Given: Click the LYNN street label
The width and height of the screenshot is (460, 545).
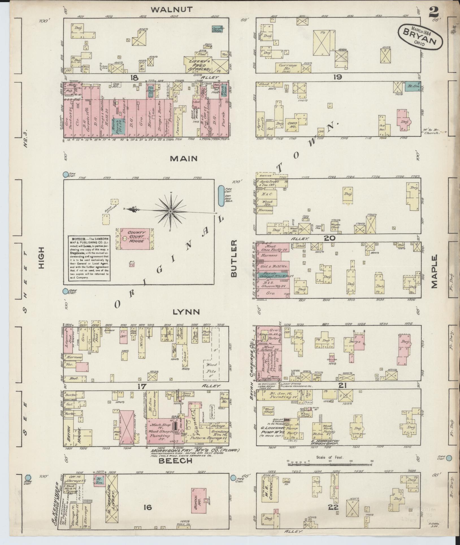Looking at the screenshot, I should click(186, 312).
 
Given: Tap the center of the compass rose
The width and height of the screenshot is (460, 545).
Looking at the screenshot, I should click(171, 212).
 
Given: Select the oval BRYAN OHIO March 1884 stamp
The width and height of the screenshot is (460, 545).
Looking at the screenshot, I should click(421, 37).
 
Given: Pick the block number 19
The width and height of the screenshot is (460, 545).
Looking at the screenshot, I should click(338, 77).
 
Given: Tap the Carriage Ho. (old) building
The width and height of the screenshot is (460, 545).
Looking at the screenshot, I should click(288, 67).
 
